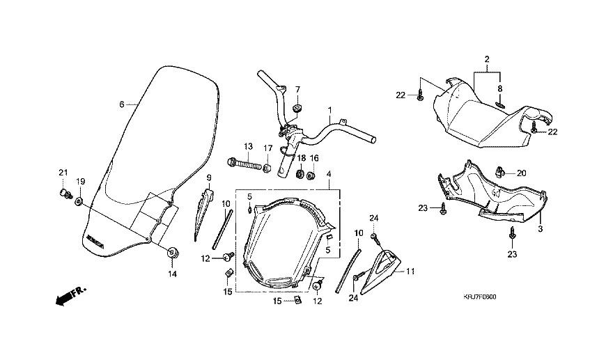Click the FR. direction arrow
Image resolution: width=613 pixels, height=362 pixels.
(x=66, y=297)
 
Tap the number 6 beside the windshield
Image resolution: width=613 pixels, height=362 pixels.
(x=121, y=104)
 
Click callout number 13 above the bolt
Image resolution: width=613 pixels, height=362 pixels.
(x=247, y=146)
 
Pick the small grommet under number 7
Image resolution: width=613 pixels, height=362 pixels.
(x=297, y=107)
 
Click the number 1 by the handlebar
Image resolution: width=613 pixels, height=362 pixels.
(x=330, y=110)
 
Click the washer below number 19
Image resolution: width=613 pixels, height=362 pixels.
(x=79, y=202)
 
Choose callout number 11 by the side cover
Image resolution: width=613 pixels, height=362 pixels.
(x=410, y=271)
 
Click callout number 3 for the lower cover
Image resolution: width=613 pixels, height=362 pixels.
(x=541, y=228)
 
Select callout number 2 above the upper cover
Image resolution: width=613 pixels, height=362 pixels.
(x=488, y=58)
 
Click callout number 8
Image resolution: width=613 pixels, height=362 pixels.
(x=499, y=89)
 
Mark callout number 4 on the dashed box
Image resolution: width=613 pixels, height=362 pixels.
(x=329, y=173)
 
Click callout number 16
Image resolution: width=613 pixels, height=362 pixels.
(x=313, y=157)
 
